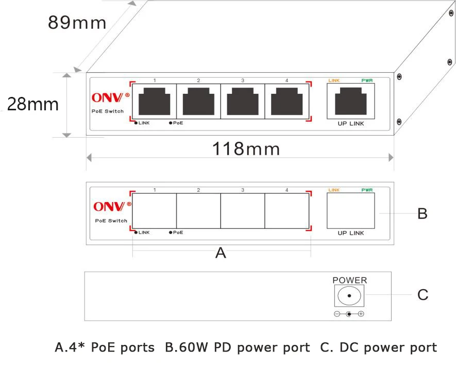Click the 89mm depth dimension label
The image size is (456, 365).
point(77,22)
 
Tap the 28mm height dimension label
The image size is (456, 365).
point(33,104)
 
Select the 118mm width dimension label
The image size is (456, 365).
point(246,148)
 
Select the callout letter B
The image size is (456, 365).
point(423,213)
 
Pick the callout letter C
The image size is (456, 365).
point(423,295)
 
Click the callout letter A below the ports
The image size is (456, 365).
point(221,253)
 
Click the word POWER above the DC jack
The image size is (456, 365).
point(350,280)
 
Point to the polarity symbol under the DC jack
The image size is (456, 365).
point(349,314)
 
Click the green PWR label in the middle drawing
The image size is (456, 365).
point(367,190)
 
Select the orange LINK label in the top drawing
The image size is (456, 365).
point(334,80)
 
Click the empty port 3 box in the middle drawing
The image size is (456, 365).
point(243,211)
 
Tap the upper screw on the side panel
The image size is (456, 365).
point(399,77)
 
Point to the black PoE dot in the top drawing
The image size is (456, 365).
point(171,123)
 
